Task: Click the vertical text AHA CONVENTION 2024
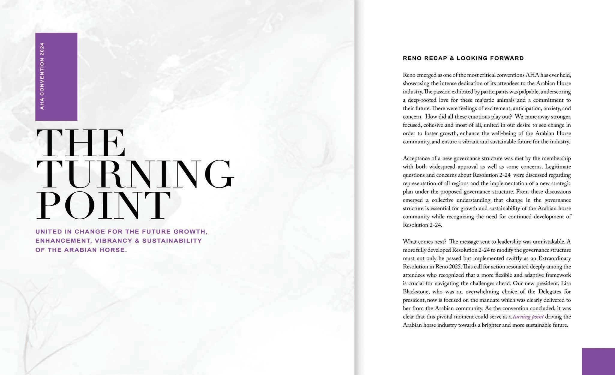42,76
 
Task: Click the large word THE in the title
80,143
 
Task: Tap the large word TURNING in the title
135,174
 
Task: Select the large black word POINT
103,205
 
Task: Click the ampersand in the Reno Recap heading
452,58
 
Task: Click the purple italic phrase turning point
528,317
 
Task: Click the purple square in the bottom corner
598,361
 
